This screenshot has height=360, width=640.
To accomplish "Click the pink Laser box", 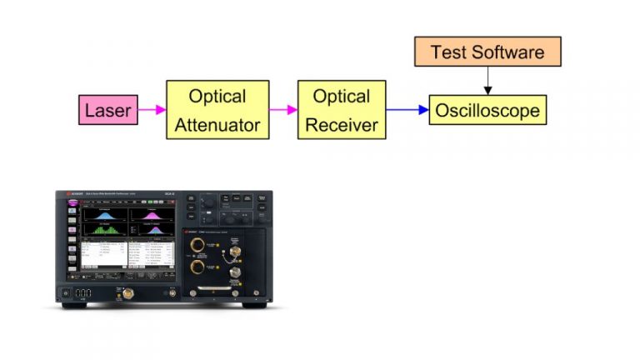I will [x=108, y=110].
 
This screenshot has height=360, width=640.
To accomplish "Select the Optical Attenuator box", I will [x=217, y=110].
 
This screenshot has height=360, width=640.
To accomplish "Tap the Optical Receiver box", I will [x=342, y=110].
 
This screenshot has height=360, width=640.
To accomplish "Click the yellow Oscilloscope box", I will [x=487, y=110].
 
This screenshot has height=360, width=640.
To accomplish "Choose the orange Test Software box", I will [x=487, y=52].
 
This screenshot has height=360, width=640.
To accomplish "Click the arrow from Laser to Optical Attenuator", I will [x=151, y=110].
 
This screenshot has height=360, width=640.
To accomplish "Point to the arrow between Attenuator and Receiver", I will [x=283, y=110].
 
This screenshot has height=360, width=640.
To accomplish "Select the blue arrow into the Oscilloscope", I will [x=407, y=110].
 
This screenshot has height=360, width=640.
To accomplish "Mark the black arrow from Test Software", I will [x=487, y=81].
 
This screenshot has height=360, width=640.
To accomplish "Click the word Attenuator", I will [x=217, y=126].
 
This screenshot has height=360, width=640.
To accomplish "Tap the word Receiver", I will [x=342, y=126].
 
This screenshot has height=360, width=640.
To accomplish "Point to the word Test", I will [x=448, y=52].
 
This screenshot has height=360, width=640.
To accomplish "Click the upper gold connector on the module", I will [x=198, y=247].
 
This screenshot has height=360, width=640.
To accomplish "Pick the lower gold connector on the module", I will [x=198, y=268].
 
